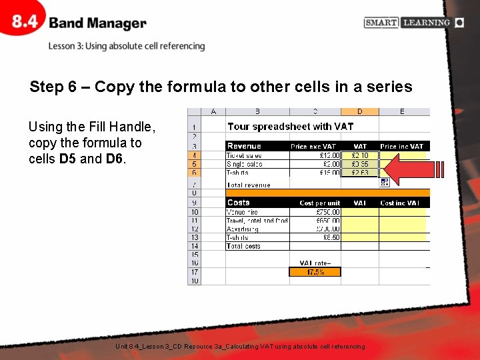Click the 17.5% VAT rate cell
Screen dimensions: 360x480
coord(315,272)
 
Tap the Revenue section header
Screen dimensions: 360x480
coord(244,146)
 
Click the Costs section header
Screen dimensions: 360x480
coord(238,203)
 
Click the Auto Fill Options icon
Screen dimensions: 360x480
coord(385,182)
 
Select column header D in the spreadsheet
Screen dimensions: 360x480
coord(360,111)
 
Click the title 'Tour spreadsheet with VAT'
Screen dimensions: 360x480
coord(290,126)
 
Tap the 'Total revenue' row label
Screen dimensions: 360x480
coord(249,185)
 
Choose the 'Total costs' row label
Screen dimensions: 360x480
coord(243,246)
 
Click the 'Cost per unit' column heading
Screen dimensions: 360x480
coord(319,203)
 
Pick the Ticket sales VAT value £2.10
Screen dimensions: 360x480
coord(360,155)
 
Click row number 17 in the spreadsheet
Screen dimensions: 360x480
coord(194,272)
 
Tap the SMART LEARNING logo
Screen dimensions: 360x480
coord(414,23)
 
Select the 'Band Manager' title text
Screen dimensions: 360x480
coord(97,23)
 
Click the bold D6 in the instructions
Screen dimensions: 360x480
coord(115,159)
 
